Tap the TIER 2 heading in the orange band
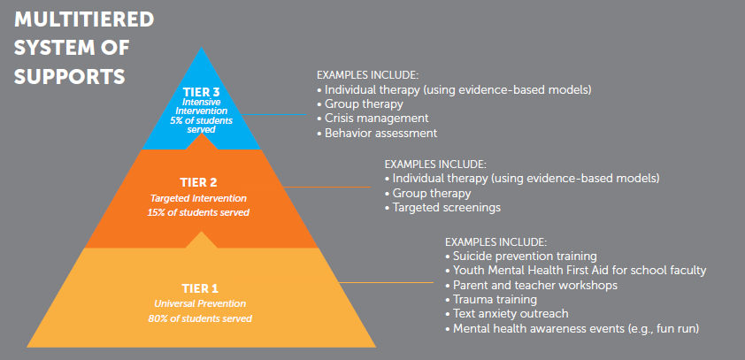198,183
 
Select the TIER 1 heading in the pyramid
200,288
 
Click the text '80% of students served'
200,318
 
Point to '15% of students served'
198,213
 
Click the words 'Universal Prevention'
200,303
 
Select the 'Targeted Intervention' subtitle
198,197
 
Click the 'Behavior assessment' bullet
377,133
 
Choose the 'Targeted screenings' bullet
442,208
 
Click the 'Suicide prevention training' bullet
521,256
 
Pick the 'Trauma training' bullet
491,300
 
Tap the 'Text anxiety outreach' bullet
507,314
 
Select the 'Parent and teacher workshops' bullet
531,285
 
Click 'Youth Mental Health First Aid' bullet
576,271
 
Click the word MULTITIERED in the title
84,20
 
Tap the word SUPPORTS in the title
69,77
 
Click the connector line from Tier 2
326,188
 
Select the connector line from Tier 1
387,282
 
